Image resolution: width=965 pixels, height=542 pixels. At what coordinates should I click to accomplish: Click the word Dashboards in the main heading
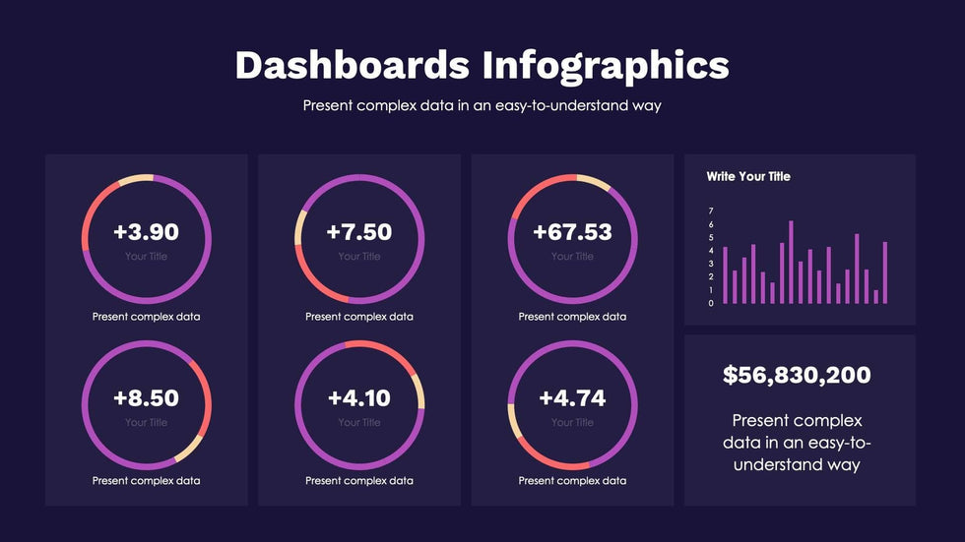352,65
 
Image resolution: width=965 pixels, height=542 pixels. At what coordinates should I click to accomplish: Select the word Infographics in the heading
606,66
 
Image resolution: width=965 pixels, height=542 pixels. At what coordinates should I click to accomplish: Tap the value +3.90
146,232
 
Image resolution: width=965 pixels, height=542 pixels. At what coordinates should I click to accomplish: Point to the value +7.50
359,232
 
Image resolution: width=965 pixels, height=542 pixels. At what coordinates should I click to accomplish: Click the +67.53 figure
572,232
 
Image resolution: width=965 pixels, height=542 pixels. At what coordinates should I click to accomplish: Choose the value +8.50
146,398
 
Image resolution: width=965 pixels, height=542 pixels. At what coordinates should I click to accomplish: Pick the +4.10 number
359,398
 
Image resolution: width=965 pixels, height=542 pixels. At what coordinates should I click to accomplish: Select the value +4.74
572,398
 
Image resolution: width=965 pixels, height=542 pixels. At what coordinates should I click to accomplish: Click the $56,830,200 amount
797,375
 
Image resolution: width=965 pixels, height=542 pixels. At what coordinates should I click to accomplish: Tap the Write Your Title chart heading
748,177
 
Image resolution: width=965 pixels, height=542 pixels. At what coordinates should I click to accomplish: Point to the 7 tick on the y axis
710,211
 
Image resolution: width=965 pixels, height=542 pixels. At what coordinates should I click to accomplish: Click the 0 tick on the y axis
710,303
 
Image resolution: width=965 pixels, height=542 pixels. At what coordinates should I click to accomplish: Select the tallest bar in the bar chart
791,262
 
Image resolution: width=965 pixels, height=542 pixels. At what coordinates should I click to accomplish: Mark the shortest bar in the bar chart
875,296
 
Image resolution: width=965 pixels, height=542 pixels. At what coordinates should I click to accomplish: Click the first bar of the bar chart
725,274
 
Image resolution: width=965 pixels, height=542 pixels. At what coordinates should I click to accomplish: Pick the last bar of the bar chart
885,272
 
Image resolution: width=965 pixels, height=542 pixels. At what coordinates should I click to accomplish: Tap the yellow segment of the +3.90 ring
135,180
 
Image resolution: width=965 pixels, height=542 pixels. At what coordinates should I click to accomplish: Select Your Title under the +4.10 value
359,423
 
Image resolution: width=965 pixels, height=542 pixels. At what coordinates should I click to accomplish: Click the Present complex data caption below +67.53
572,317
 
